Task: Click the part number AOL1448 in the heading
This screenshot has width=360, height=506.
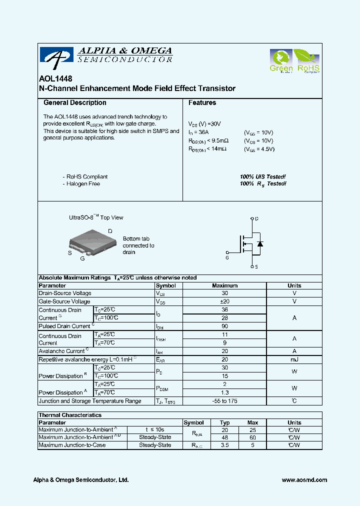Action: pos(55,79)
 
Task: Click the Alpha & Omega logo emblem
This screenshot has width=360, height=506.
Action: pos(57,58)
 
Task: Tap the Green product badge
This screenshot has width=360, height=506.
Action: pos(280,60)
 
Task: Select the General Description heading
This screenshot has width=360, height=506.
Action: pos(75,102)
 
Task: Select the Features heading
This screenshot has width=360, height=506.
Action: pos(202,102)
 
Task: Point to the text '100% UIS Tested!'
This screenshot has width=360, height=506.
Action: pos(263,177)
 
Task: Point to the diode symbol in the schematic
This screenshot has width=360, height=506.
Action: pos(260,243)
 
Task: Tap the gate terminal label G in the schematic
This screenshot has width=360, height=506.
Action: pos(227,258)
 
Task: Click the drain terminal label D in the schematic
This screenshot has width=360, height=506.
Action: pos(257,219)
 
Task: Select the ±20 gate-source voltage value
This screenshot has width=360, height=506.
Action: pos(224,301)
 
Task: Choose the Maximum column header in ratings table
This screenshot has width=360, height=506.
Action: pos(224,285)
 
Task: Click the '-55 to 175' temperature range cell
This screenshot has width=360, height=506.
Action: pos(224,401)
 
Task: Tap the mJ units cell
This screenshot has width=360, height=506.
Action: pos(294,359)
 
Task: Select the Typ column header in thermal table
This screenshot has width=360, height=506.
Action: pos(224,422)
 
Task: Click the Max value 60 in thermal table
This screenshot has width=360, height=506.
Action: pos(252,437)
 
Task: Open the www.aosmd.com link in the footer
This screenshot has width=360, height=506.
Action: pos(304,480)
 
